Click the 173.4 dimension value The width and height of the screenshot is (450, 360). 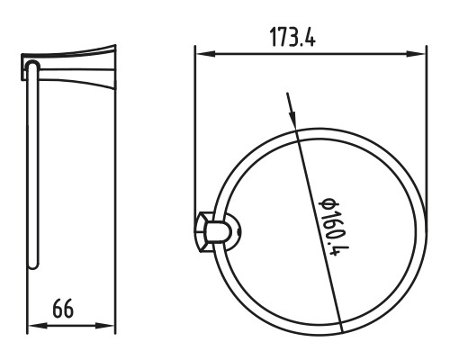(292, 37)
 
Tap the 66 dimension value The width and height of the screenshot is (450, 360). (63, 309)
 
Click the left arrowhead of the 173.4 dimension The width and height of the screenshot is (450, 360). (206, 54)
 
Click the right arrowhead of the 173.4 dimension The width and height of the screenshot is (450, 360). (416, 54)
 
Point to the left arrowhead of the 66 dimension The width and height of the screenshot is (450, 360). (38, 326)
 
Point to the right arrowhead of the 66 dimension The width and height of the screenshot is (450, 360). (104, 326)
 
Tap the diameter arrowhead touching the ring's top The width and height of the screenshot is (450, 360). (292, 120)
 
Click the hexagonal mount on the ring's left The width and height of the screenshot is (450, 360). (204, 232)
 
